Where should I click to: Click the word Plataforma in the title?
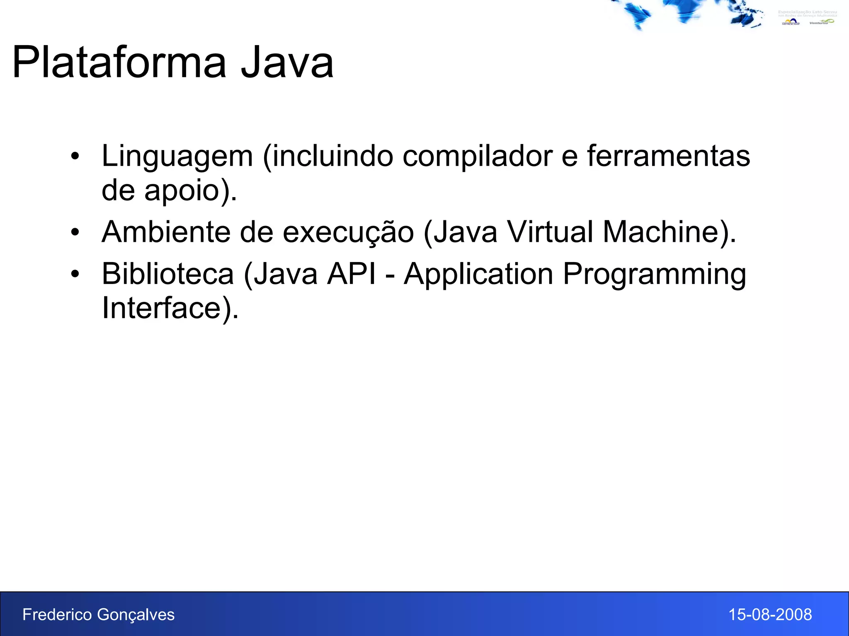(x=119, y=63)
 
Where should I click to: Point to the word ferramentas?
(x=668, y=157)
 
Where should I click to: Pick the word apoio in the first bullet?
(x=182, y=191)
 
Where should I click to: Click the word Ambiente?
(x=166, y=232)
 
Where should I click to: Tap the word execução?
(x=348, y=233)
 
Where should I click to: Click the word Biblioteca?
(x=168, y=274)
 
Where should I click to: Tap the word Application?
(x=479, y=275)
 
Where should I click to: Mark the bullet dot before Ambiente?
(x=75, y=232)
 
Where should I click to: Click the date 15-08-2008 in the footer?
(x=770, y=614)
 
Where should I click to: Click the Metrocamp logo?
(x=791, y=22)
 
